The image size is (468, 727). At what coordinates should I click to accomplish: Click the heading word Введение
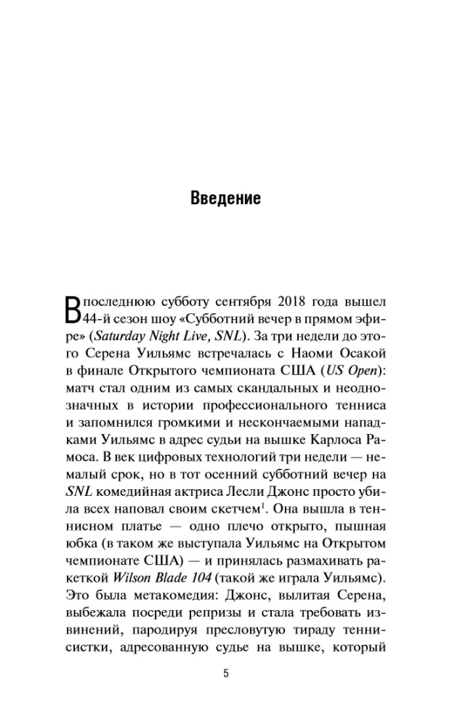pos(225,198)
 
